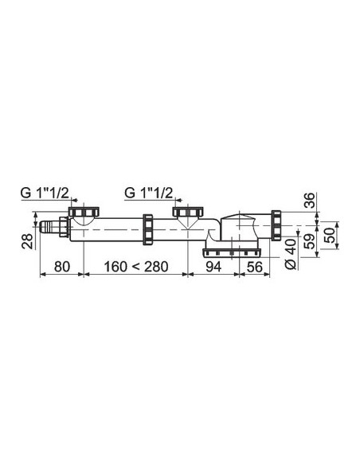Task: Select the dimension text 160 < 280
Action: pyautogui.click(x=134, y=267)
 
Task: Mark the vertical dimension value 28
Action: pyautogui.click(x=26, y=237)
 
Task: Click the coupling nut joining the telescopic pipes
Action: pyautogui.click(x=148, y=229)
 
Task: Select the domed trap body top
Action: pyautogui.click(x=242, y=219)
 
